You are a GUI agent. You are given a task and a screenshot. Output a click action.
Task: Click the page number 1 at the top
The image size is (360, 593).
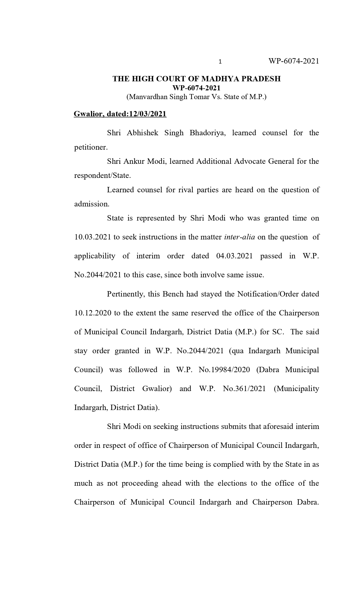[220, 62]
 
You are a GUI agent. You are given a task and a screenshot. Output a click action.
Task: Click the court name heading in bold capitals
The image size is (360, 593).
[197, 79]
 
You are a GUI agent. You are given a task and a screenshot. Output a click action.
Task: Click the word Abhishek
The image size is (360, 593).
[143, 133]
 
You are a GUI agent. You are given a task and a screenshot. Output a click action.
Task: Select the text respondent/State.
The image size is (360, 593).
[102, 175]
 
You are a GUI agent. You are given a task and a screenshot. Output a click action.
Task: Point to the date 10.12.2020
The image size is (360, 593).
[93, 313]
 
